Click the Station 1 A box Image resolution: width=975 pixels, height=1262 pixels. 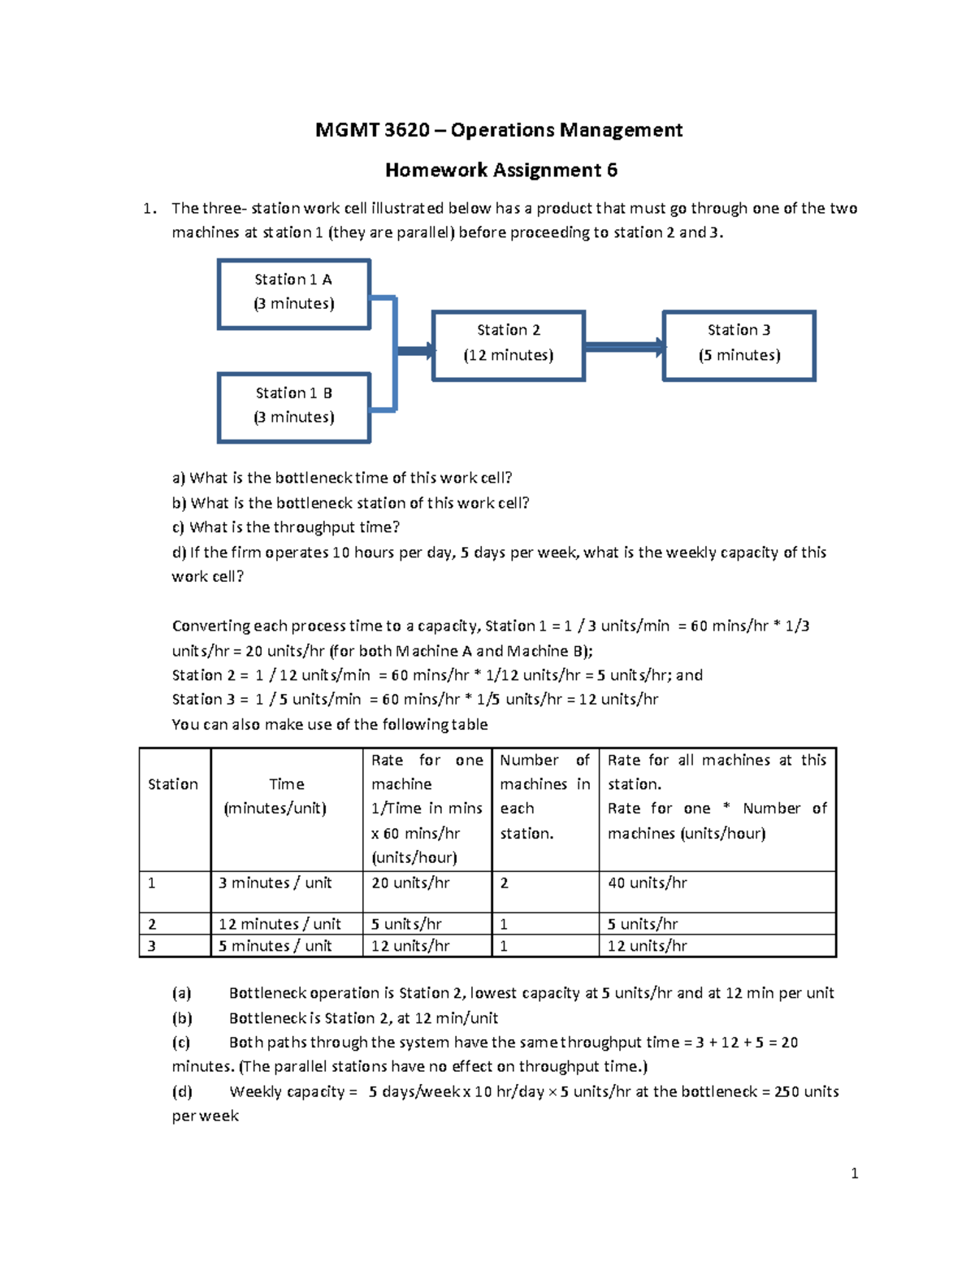click(x=294, y=293)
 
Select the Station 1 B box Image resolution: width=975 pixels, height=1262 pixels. click(x=294, y=407)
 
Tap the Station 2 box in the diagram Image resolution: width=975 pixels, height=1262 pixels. click(x=509, y=345)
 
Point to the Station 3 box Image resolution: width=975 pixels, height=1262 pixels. click(x=739, y=345)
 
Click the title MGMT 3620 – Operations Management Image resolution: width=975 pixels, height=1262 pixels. click(x=499, y=130)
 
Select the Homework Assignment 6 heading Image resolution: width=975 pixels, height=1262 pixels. click(x=500, y=170)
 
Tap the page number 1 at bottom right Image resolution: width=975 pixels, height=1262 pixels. click(x=854, y=1173)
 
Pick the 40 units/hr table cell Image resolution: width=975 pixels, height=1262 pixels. click(x=648, y=883)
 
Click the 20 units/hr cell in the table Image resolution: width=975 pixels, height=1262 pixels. click(x=410, y=883)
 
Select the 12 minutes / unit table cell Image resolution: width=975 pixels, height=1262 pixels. click(x=279, y=924)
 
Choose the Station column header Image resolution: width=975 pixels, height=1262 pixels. click(x=173, y=784)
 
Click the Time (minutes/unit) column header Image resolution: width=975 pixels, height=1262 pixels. click(x=286, y=796)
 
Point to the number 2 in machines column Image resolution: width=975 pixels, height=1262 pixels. click(x=505, y=883)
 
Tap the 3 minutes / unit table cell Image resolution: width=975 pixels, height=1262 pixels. click(x=275, y=883)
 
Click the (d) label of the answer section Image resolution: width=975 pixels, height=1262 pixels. click(x=182, y=1091)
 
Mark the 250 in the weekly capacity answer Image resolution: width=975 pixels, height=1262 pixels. click(x=786, y=1091)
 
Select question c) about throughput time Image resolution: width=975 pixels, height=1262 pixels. click(x=286, y=527)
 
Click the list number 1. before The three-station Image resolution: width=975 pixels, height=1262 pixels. click(x=149, y=209)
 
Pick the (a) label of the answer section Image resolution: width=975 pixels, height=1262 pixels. click(x=182, y=993)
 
